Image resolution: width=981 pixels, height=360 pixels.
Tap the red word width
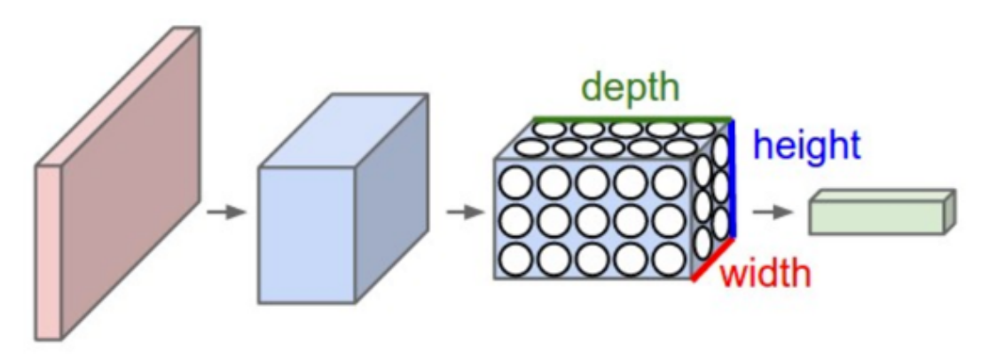(765, 274)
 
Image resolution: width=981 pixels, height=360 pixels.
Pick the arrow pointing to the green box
(772, 213)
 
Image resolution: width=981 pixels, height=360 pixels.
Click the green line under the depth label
(632, 118)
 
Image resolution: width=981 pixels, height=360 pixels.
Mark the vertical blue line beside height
(733, 177)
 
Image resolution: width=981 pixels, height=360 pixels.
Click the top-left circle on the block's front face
(516, 183)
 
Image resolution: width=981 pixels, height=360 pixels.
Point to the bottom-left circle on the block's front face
(516, 259)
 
